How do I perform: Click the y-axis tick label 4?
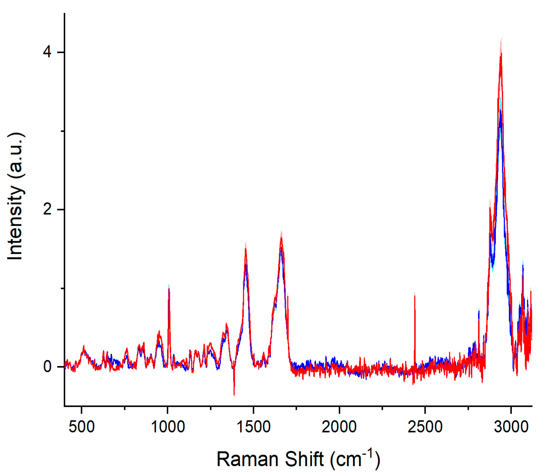click(x=47, y=52)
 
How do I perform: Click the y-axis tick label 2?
click(x=47, y=210)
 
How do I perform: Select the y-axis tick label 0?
click(x=47, y=367)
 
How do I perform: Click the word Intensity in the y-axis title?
click(x=15, y=223)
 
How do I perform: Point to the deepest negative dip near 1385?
click(x=234, y=395)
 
